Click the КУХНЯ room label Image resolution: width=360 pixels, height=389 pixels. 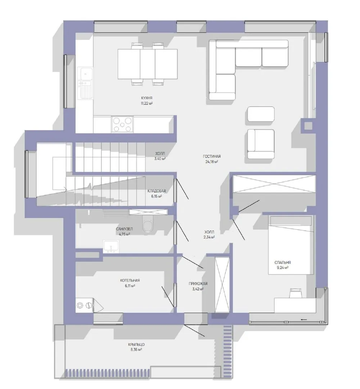coord(147,98)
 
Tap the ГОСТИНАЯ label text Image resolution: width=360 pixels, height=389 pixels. coord(212,156)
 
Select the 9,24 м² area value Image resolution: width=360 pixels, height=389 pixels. coord(282,268)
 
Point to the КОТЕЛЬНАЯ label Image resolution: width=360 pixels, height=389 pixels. coord(130,280)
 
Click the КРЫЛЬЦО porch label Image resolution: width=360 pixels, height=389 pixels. coord(136,345)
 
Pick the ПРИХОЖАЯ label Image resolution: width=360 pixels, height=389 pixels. coord(198,283)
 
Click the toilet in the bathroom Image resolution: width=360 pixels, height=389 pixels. coord(148,223)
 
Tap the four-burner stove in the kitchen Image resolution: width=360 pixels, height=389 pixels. coord(122,125)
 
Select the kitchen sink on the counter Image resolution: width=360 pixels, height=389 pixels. coord(85,83)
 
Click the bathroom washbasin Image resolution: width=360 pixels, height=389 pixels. coord(111,247)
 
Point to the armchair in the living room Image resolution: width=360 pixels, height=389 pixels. coord(261,144)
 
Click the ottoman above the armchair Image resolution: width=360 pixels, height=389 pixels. coord(261,114)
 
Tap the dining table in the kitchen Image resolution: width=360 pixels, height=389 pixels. coord(148,64)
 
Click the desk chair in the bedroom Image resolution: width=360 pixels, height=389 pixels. coord(296,293)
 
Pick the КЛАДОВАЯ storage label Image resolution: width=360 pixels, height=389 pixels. coord(157,191)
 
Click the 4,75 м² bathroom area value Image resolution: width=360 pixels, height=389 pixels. coord(125,234)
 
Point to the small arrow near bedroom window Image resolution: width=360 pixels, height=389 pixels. coord(304,319)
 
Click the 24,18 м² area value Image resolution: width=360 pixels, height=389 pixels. coord(212,162)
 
